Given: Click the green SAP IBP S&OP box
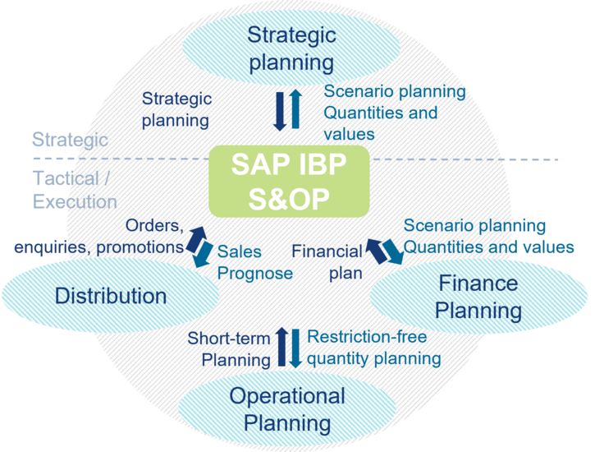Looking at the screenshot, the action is click(x=289, y=182).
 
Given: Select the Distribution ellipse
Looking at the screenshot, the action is click(x=111, y=296).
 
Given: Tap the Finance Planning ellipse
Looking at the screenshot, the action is click(x=478, y=297).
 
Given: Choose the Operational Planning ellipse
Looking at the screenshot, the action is click(x=287, y=409).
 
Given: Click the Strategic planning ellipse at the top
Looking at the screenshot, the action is click(x=291, y=48).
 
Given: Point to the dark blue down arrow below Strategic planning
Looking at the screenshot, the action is click(x=280, y=111).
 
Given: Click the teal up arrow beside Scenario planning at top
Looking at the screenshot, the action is click(x=295, y=109).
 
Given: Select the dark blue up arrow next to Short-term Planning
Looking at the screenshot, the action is click(x=281, y=347).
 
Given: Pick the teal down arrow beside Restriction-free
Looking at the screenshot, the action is click(x=295, y=348).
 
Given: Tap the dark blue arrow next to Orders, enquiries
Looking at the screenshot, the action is click(x=195, y=240).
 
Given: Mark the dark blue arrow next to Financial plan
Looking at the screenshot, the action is click(x=377, y=251).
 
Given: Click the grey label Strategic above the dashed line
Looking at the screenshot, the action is click(x=71, y=140).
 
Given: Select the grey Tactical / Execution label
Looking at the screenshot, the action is click(x=75, y=190).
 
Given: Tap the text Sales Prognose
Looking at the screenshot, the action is click(x=255, y=262).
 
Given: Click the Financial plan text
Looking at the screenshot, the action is click(x=327, y=262).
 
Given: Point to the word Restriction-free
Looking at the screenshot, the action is click(x=367, y=336).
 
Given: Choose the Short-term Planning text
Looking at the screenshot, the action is click(x=229, y=349).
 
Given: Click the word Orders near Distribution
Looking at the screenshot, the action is click(x=154, y=226).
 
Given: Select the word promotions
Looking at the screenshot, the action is click(x=140, y=247).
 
